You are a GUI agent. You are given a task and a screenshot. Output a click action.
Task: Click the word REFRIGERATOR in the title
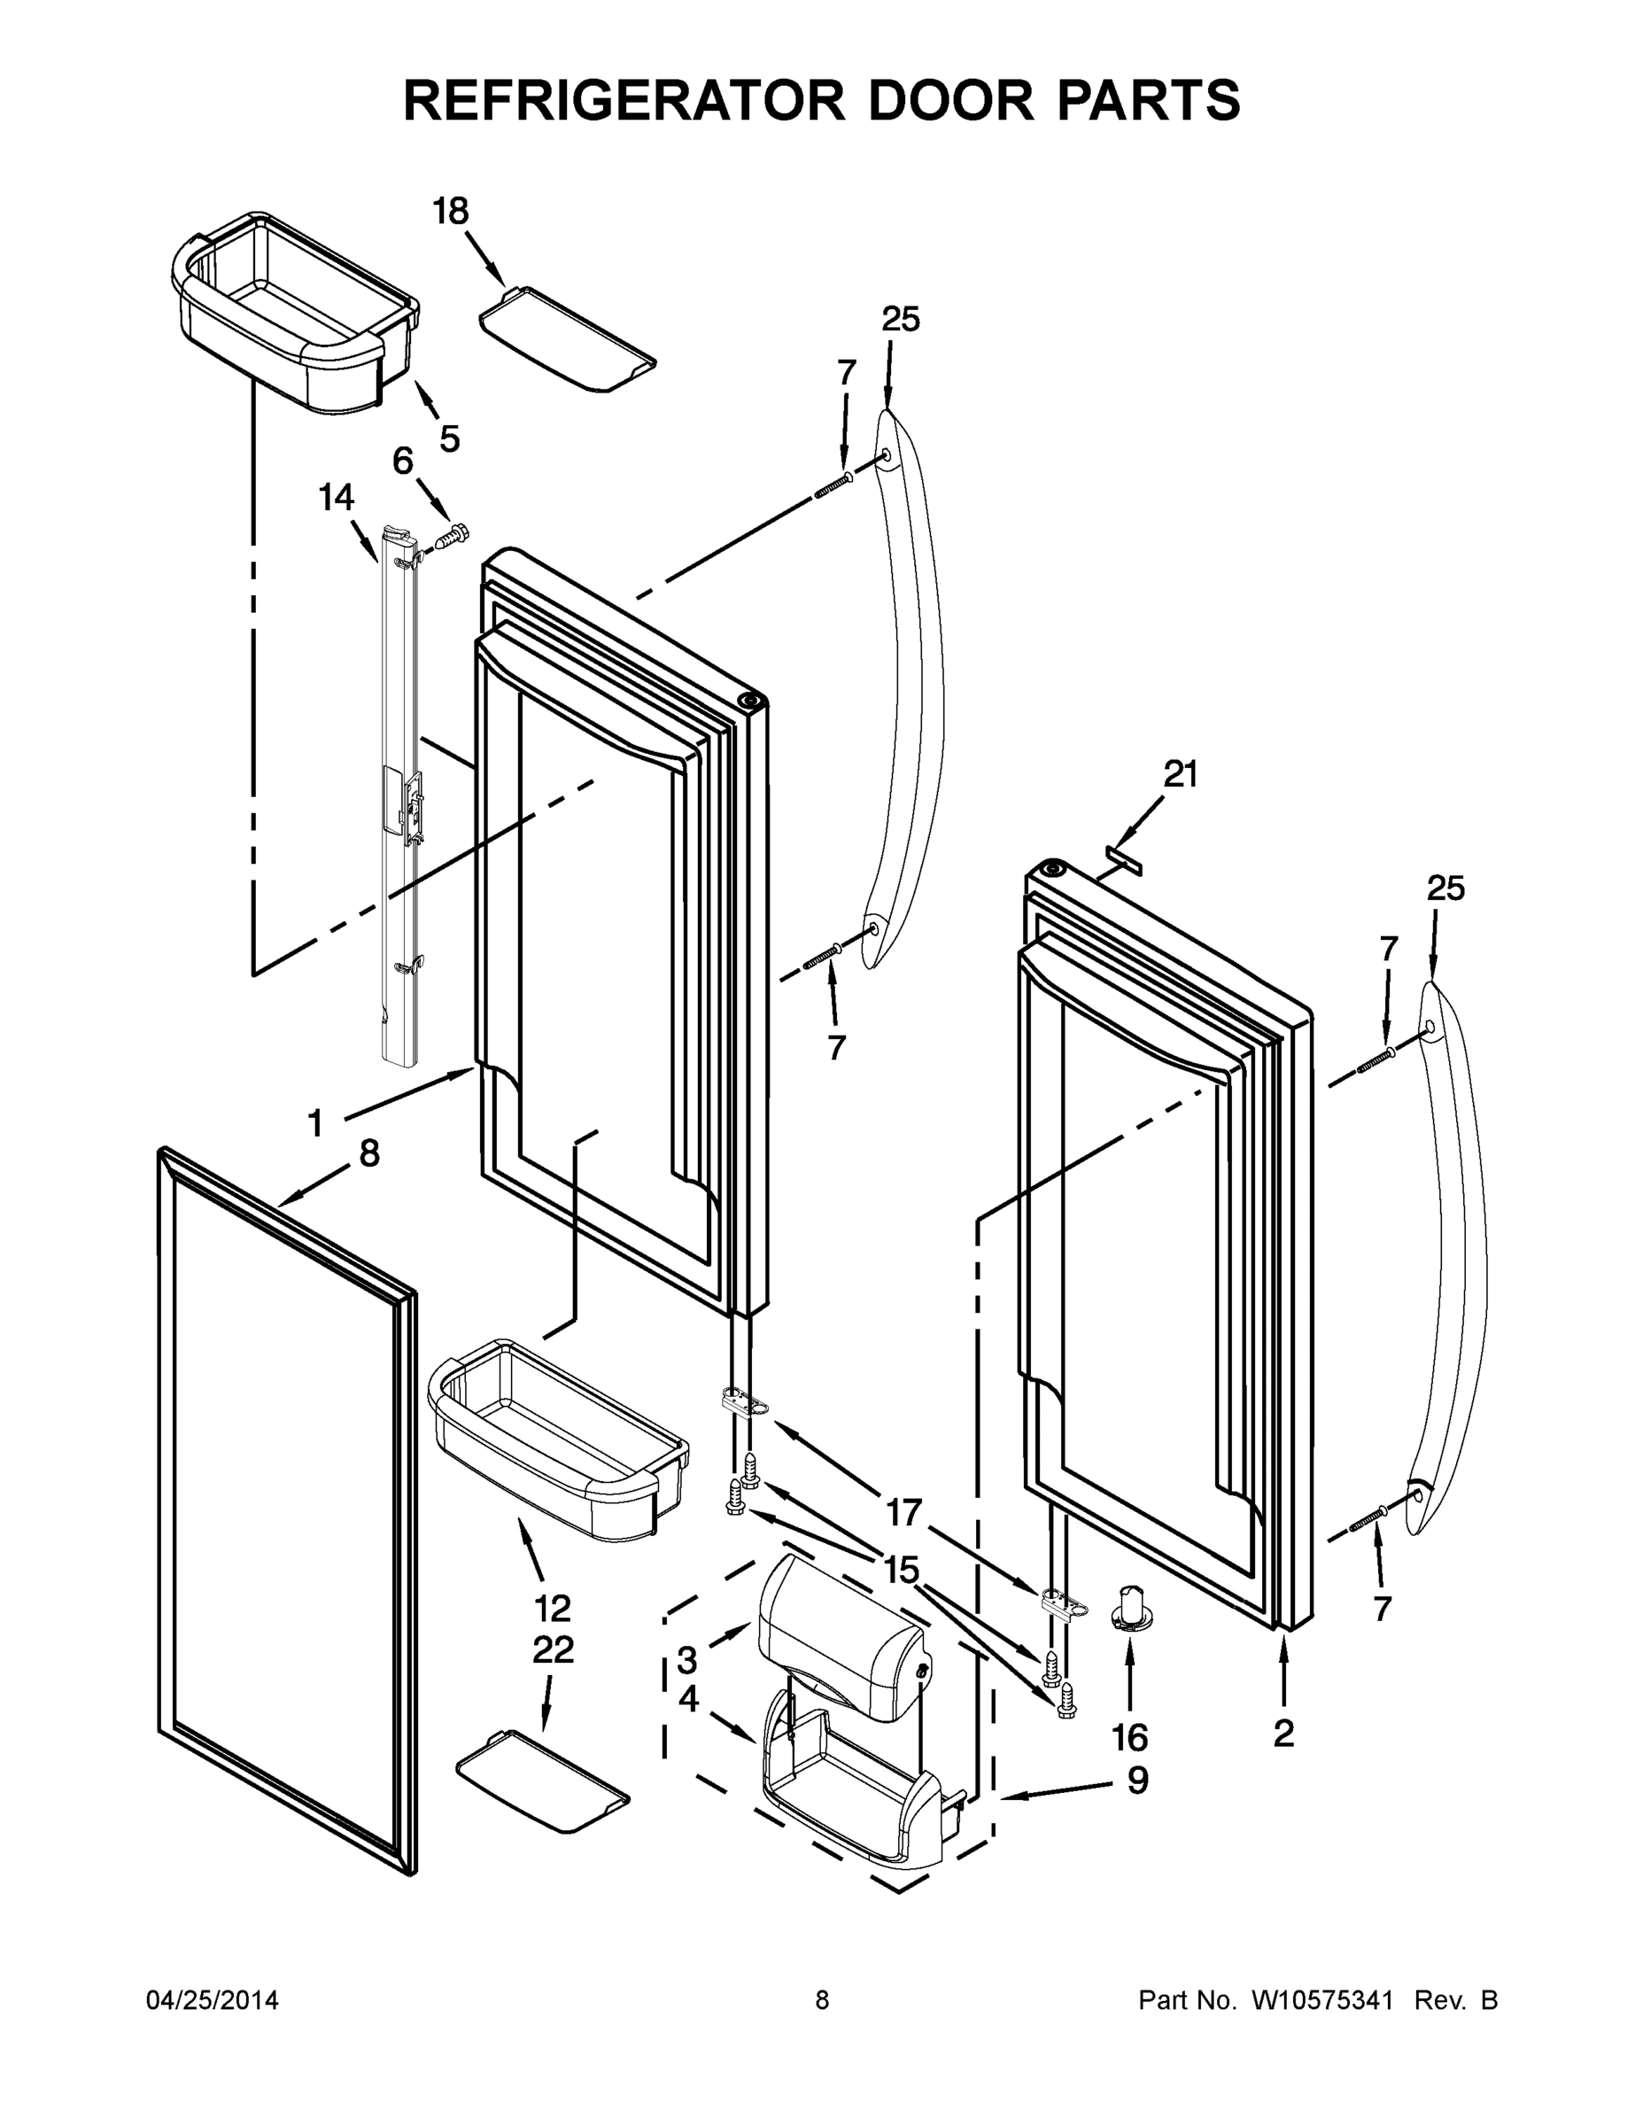[623, 100]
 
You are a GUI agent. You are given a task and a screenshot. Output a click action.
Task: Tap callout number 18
[451, 211]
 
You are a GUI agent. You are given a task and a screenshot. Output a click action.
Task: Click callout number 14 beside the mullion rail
[337, 498]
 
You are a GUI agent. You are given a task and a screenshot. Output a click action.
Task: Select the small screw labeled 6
[453, 534]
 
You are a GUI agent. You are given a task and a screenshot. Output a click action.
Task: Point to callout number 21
[1181, 774]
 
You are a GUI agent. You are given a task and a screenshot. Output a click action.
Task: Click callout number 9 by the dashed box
[1138, 1780]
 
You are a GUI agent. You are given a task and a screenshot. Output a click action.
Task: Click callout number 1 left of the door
[315, 1124]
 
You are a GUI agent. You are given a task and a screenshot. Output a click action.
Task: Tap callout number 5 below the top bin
[449, 439]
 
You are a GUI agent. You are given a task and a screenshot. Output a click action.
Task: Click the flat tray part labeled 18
[567, 337]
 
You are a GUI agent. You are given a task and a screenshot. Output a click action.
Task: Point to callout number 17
[903, 1513]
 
